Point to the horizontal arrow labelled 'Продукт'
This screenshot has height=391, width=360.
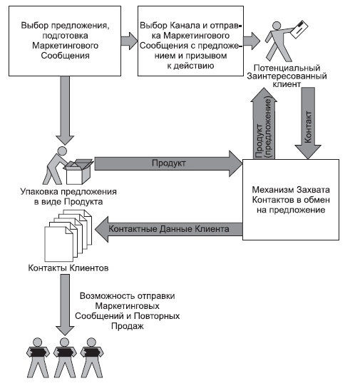coord(168,163)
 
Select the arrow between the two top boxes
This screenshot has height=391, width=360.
coord(128,37)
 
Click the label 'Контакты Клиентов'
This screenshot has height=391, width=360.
coord(63,270)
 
